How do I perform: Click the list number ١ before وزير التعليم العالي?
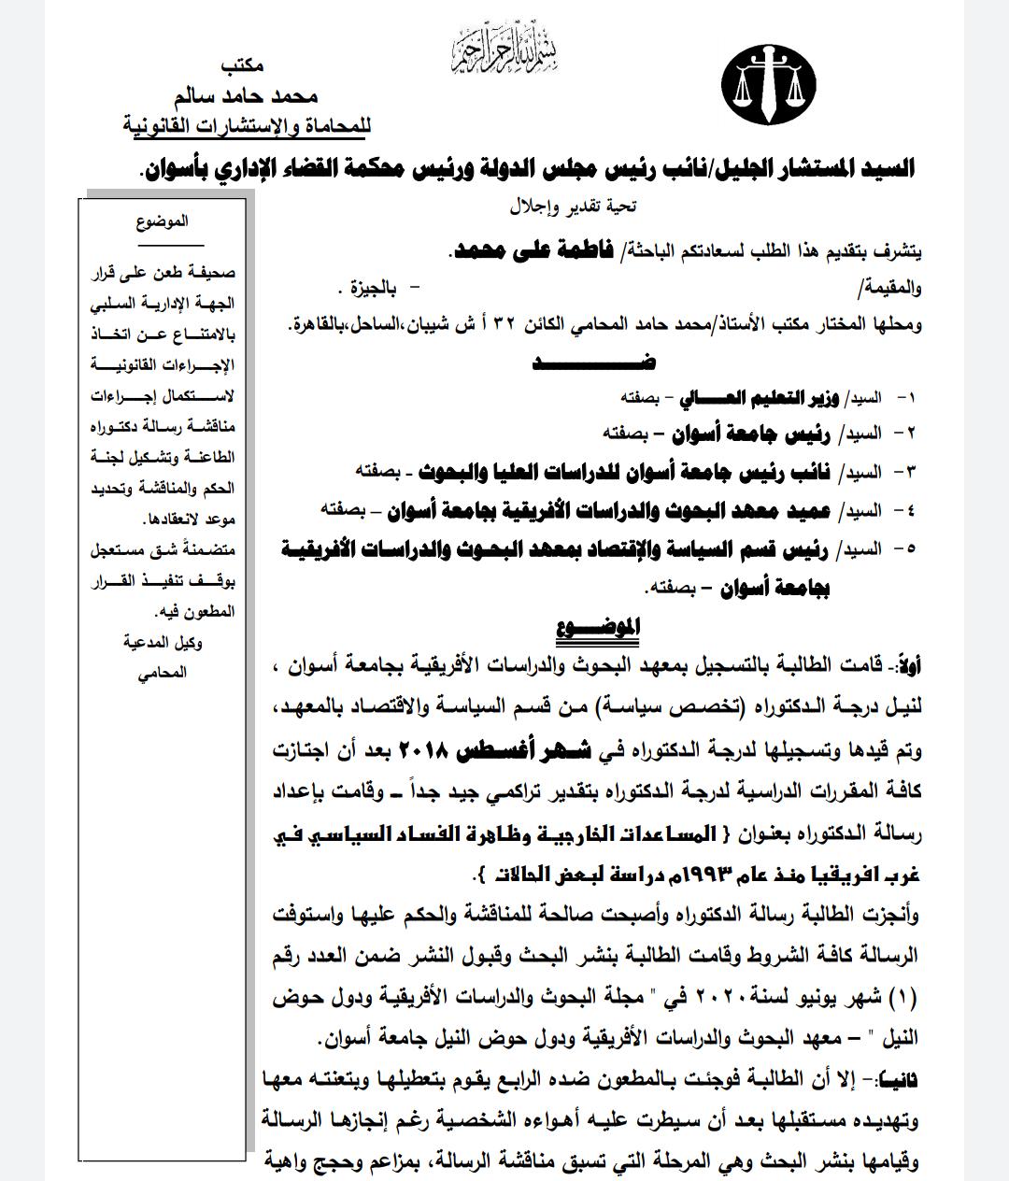tap(905, 398)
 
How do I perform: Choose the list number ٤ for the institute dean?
tap(905, 509)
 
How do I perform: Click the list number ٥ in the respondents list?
tap(905, 549)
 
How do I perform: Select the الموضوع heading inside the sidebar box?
tap(162, 221)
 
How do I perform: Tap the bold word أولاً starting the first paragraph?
tap(907, 667)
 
